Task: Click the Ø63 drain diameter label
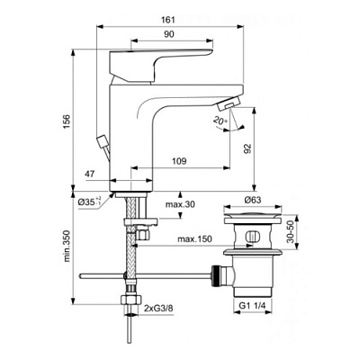click(x=251, y=202)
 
